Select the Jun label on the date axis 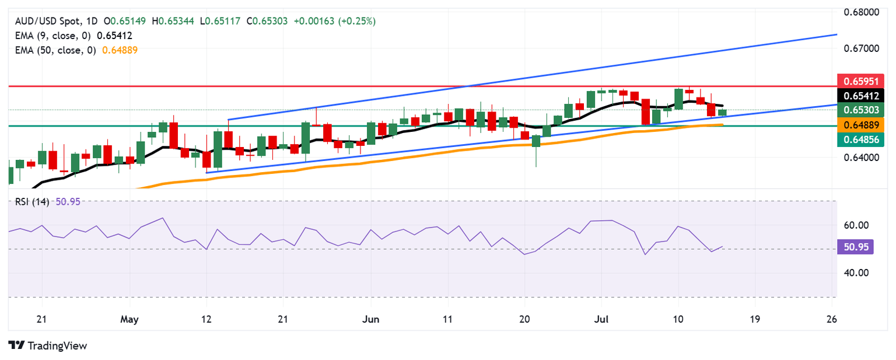click(x=370, y=319)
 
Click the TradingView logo click(x=48, y=345)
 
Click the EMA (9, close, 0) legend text click(x=52, y=36)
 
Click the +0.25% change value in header click(x=357, y=21)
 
